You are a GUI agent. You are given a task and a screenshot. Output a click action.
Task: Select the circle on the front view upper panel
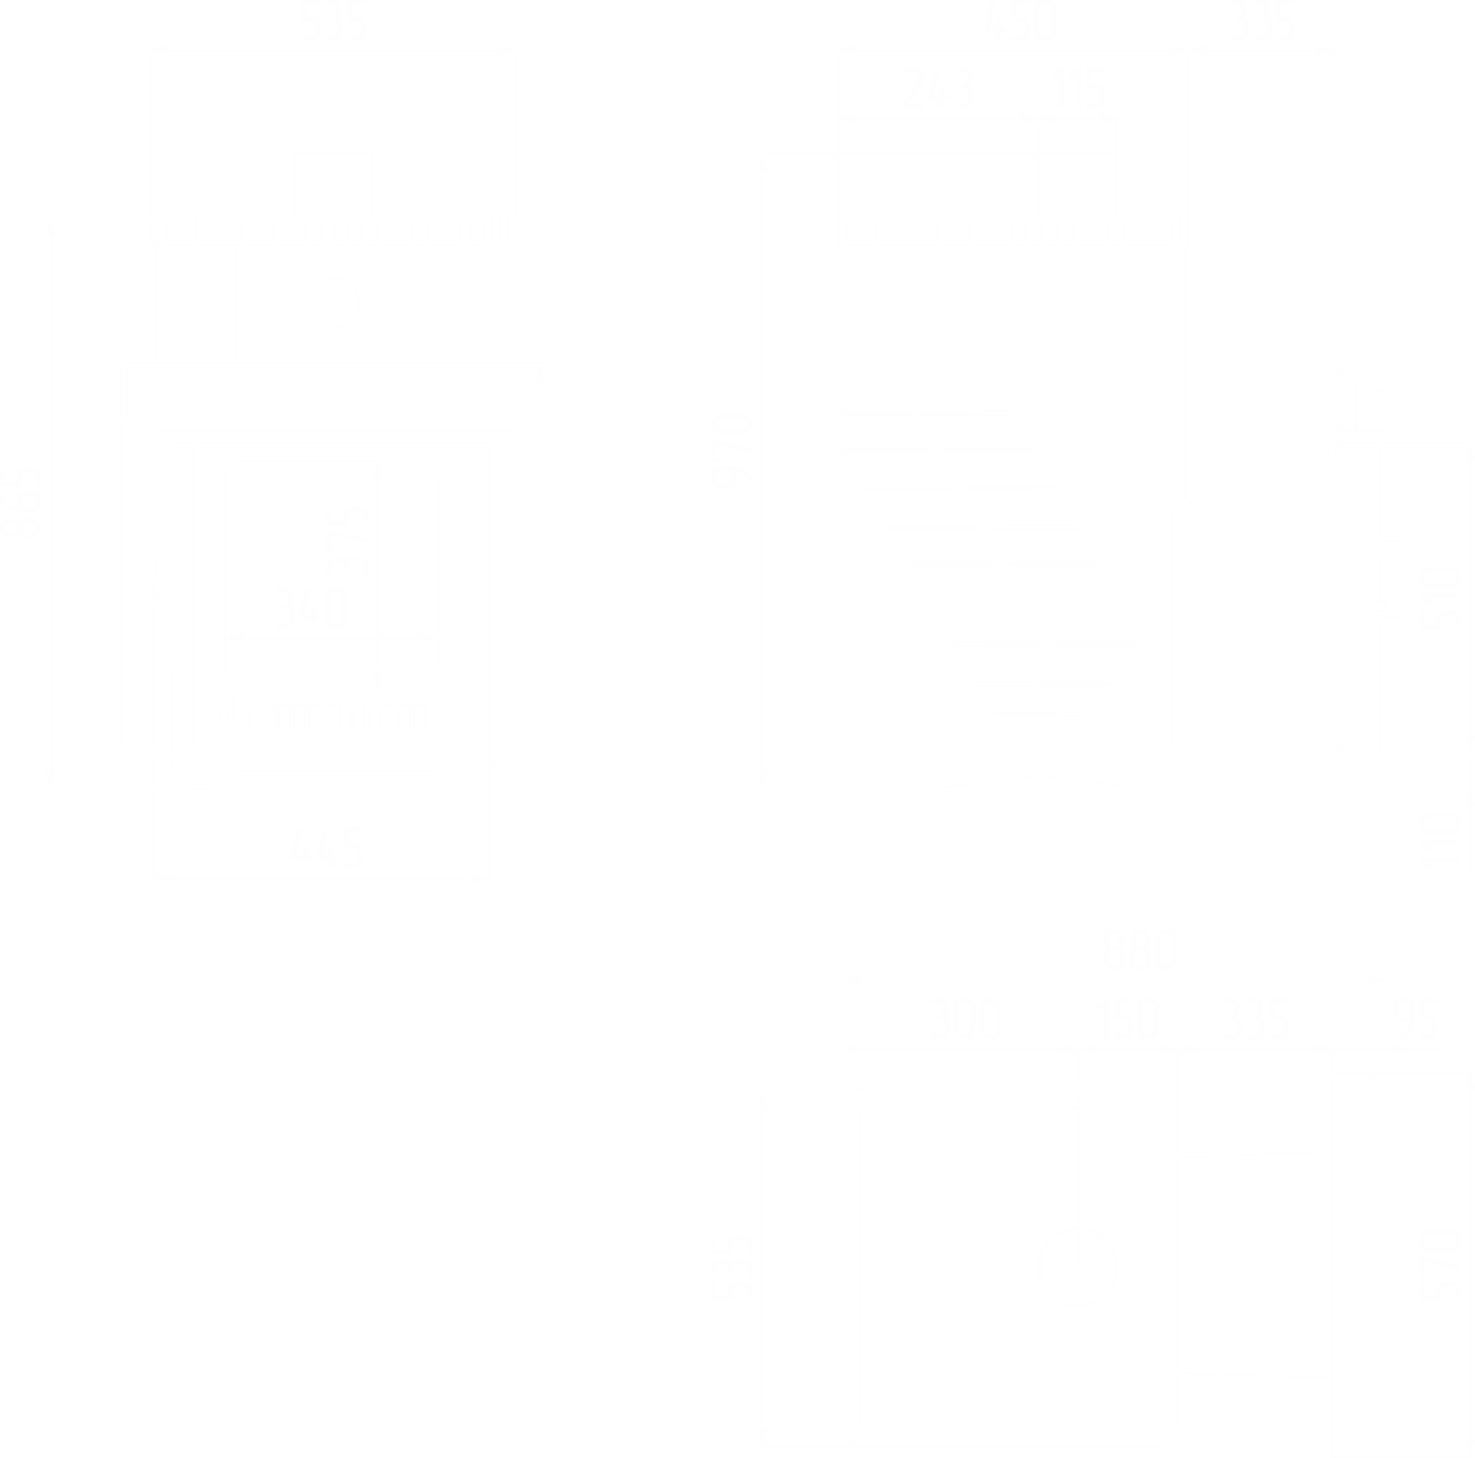pyautogui.click(x=333, y=301)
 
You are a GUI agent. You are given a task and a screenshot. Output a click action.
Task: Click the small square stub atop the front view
pyautogui.click(x=334, y=182)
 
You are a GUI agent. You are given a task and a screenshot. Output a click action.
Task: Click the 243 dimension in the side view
pyautogui.click(x=936, y=93)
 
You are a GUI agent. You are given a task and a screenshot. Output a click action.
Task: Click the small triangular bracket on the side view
pyautogui.click(x=1360, y=401)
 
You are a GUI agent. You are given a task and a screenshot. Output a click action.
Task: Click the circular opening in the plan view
pyautogui.click(x=1078, y=1265)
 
